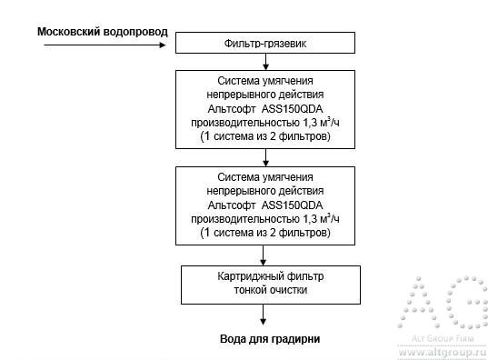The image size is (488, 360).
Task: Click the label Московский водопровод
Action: coord(102,32)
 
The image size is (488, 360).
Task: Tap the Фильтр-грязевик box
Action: coord(264,44)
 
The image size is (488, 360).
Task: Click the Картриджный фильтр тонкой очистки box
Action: coord(264,284)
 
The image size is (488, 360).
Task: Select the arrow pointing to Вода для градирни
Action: coord(264,315)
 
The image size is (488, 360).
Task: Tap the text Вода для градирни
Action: coord(269,339)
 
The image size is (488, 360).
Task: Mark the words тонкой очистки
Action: coord(264,291)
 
